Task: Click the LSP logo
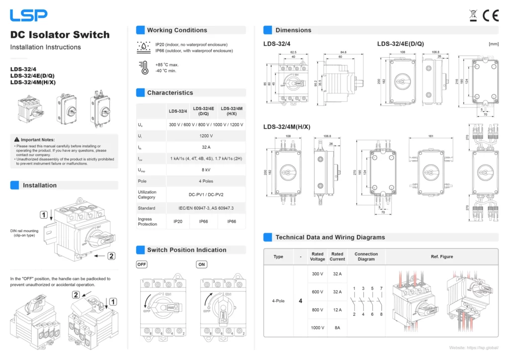[29, 15]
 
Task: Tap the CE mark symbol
[491, 16]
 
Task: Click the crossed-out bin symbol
[474, 16]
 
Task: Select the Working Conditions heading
[177, 30]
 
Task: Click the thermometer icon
[144, 68]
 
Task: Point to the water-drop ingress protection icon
[144, 47]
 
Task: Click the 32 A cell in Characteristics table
[206, 147]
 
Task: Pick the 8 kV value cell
[206, 170]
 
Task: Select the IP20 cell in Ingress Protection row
[177, 222]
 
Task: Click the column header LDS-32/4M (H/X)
[232, 111]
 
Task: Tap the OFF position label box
[142, 265]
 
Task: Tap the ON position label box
[201, 265]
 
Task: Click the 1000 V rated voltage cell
[317, 328]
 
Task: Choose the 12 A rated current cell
[337, 310]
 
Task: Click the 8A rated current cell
[337, 328]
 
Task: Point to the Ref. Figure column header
[441, 257]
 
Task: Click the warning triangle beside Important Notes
[17, 140]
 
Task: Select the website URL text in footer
[473, 348]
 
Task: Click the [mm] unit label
[494, 44]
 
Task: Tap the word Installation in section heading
[40, 185]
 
